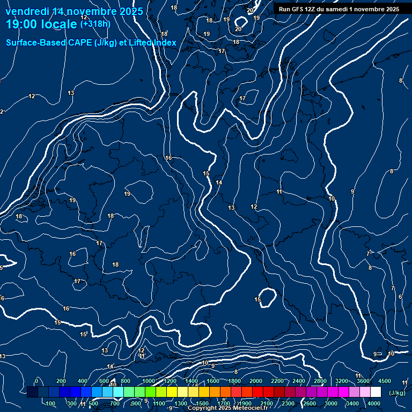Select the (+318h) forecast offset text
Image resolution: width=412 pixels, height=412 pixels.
[x=95, y=24]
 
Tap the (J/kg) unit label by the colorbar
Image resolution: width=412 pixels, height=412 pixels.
[x=397, y=393]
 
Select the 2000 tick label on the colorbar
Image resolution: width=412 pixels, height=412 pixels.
[x=256, y=381]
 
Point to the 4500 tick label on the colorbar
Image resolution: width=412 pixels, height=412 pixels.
[x=384, y=381]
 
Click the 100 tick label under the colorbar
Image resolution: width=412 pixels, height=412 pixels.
[x=51, y=403]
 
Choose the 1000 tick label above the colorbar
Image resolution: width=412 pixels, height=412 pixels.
[x=148, y=381]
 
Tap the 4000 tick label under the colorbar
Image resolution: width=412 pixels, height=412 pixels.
[x=374, y=403]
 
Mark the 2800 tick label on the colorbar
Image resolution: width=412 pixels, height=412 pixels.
[x=320, y=381]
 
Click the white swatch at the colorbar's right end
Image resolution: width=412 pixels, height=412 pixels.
[x=376, y=392]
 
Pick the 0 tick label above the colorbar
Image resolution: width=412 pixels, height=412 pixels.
[x=36, y=381]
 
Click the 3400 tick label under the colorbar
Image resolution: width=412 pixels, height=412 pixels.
[x=352, y=403]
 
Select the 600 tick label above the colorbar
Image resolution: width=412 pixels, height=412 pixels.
[x=104, y=381]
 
